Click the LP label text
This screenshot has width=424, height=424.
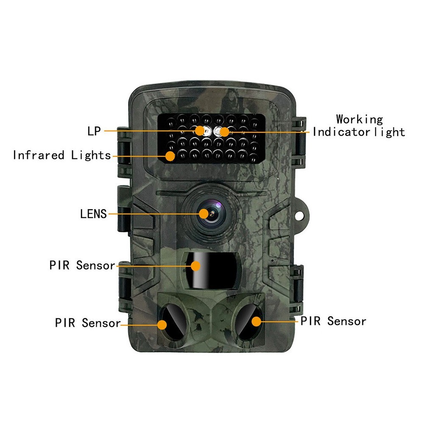[94, 131]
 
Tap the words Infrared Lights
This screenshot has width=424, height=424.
[62, 155]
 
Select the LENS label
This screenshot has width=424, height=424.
[94, 214]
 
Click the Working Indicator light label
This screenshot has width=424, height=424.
[359, 126]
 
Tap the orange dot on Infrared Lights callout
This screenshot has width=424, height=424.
[170, 156]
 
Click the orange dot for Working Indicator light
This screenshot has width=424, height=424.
[224, 132]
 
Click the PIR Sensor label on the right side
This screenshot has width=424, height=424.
[333, 321]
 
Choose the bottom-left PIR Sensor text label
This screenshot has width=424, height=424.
[88, 323]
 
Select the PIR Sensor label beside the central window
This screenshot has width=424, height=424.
[82, 266]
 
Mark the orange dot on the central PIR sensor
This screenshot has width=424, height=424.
[195, 266]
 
